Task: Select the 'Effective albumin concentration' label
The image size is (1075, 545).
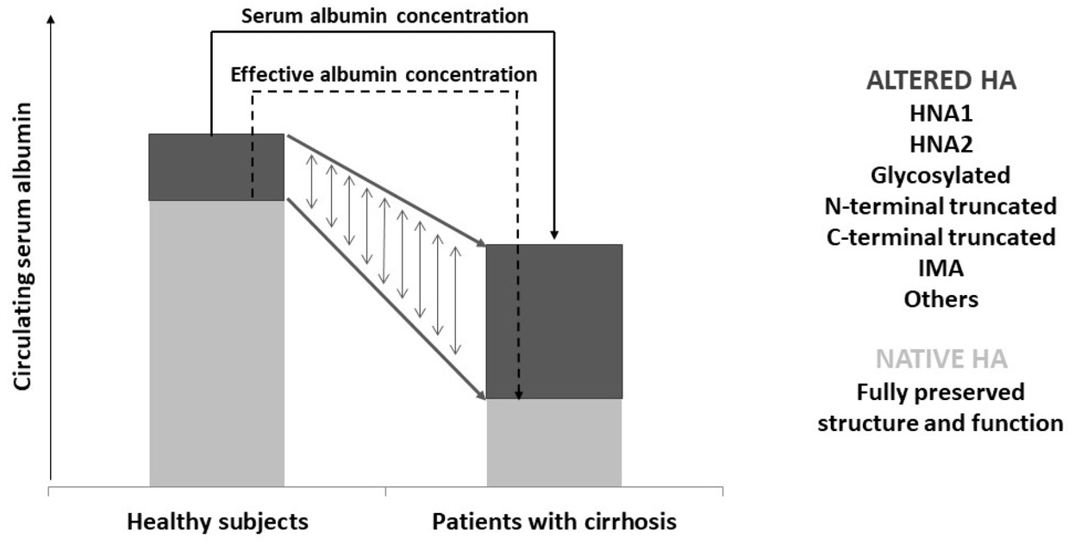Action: (384, 75)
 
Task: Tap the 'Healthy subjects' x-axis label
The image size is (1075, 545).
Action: (217, 522)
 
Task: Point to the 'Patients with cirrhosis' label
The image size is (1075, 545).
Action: (554, 522)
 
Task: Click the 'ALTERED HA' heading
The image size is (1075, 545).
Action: (941, 81)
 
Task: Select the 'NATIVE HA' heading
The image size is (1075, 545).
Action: (941, 359)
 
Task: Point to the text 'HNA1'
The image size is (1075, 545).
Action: (941, 114)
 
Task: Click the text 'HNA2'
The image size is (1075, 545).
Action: (941, 145)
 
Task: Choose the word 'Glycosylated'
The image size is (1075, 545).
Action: (941, 176)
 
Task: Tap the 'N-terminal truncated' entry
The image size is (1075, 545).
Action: (941, 207)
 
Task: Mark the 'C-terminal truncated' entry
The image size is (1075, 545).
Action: (941, 238)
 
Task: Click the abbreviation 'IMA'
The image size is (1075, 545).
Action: (941, 269)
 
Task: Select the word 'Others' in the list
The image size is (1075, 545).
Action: (941, 300)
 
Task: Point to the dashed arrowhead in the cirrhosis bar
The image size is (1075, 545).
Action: (517, 395)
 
